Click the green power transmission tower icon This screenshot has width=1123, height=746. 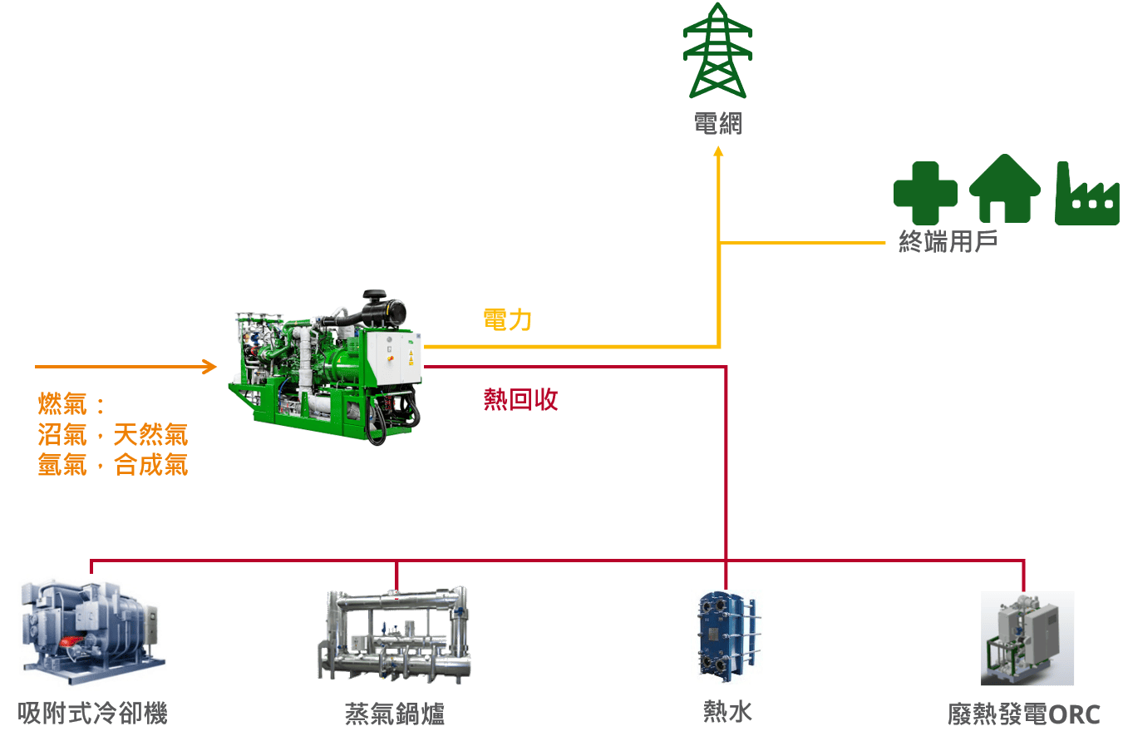pyautogui.click(x=717, y=52)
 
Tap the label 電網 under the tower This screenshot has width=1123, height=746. pyautogui.click(x=717, y=124)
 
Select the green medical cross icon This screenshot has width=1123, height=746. pyautogui.click(x=925, y=193)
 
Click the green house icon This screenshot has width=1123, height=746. pyautogui.click(x=1005, y=190)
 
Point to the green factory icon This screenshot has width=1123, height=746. pyautogui.click(x=1086, y=195)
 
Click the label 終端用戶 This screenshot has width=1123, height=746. pyautogui.click(x=948, y=242)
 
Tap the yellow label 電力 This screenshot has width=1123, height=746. pyautogui.click(x=507, y=319)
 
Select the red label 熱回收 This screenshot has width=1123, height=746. pyautogui.click(x=520, y=399)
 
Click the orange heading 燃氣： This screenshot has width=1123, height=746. pyautogui.click(x=71, y=404)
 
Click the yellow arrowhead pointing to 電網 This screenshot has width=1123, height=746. pyautogui.click(x=718, y=151)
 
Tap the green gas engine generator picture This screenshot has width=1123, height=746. pyautogui.click(x=321, y=367)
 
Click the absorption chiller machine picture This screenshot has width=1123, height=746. pyautogui.click(x=92, y=632)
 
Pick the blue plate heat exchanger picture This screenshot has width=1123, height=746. pyautogui.click(x=729, y=637)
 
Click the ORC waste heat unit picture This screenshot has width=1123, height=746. pyautogui.click(x=1027, y=639)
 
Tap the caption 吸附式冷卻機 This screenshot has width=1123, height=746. pyautogui.click(x=93, y=714)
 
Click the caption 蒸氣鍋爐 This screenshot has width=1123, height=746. pyautogui.click(x=395, y=714)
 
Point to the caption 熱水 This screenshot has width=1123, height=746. pyautogui.click(x=728, y=712)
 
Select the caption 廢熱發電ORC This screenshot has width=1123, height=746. pyautogui.click(x=1024, y=714)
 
